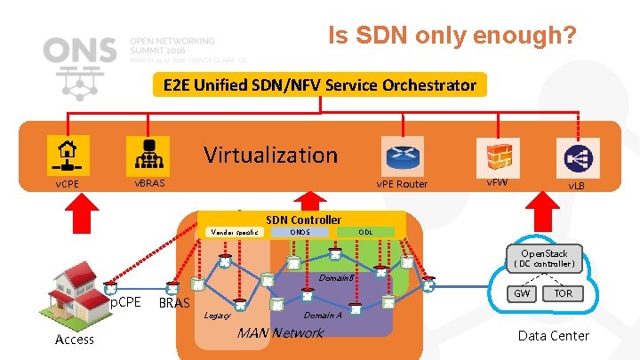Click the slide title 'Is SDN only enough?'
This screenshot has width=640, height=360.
pyautogui.click(x=452, y=36)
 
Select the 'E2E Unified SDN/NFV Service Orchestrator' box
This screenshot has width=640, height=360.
pyautogui.click(x=319, y=85)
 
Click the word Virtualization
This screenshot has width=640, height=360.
pyautogui.click(x=270, y=155)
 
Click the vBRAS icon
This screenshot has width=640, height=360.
pyautogui.click(x=143, y=154)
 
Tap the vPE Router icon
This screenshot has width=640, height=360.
pyautogui.click(x=400, y=154)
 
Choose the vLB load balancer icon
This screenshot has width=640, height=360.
pyautogui.click(x=575, y=154)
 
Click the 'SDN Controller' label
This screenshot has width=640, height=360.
pyautogui.click(x=303, y=220)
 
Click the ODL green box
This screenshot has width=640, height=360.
pyautogui.click(x=365, y=232)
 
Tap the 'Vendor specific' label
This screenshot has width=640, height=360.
pyautogui.click(x=233, y=232)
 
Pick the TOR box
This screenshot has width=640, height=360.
pyautogui.click(x=564, y=292)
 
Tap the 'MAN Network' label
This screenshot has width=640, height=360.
pyautogui.click(x=279, y=333)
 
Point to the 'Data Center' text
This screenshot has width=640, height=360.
pyautogui.click(x=553, y=335)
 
